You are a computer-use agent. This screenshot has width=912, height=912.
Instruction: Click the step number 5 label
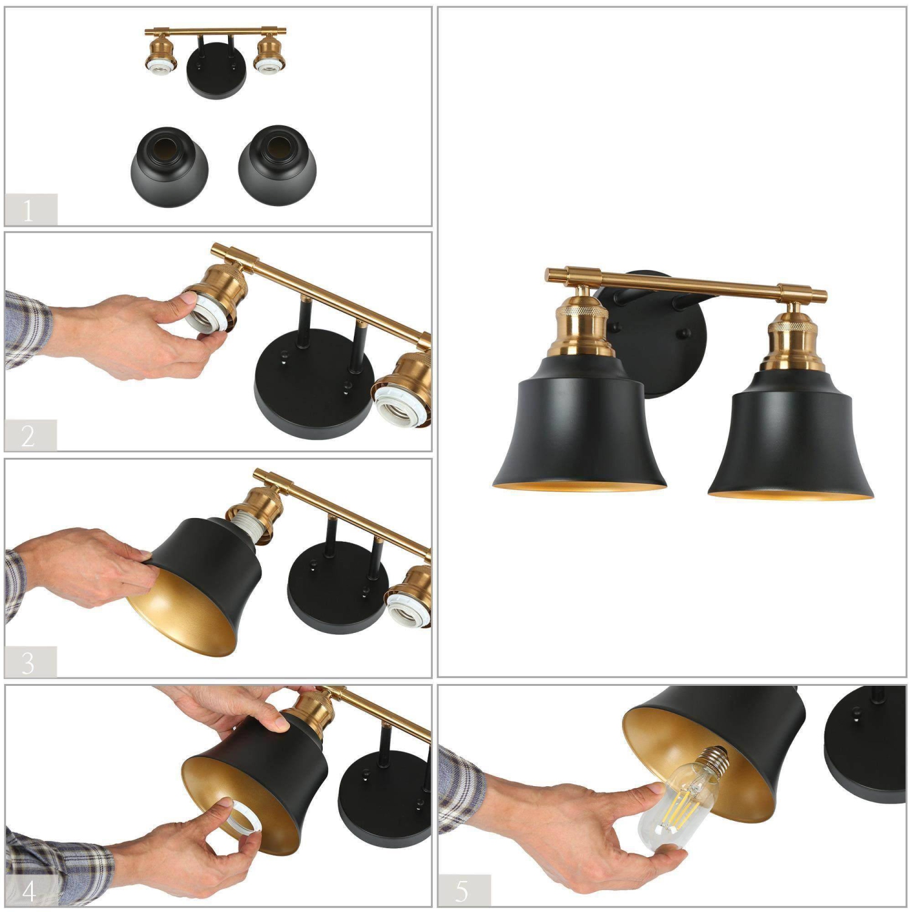[x=463, y=890]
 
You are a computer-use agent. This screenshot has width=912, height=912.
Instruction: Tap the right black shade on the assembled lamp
[x=790, y=444]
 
